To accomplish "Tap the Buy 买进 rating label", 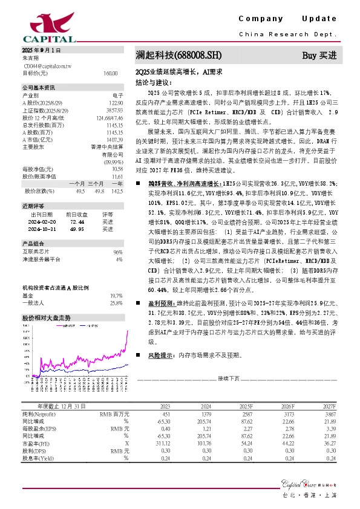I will coord(319,56).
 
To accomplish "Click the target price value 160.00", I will coord(110,73).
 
